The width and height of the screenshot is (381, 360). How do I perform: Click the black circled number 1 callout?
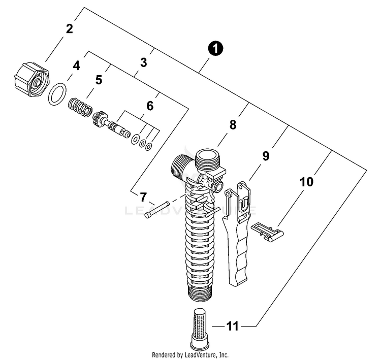(x=216, y=49)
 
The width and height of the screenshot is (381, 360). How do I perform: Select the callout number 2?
(x=70, y=28)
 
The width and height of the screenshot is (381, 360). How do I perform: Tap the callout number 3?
(x=144, y=63)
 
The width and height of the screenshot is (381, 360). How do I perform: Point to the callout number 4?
(x=76, y=66)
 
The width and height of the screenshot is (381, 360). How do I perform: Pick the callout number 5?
(x=99, y=80)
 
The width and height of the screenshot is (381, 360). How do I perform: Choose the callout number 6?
(x=149, y=106)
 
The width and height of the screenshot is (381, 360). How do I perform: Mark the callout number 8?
(x=233, y=125)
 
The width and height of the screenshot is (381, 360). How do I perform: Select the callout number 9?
(x=266, y=156)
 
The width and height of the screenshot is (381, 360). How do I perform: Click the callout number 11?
(x=233, y=326)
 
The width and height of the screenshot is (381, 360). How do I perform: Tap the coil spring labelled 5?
(x=81, y=107)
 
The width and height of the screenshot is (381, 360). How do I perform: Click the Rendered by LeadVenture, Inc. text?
(x=190, y=354)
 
